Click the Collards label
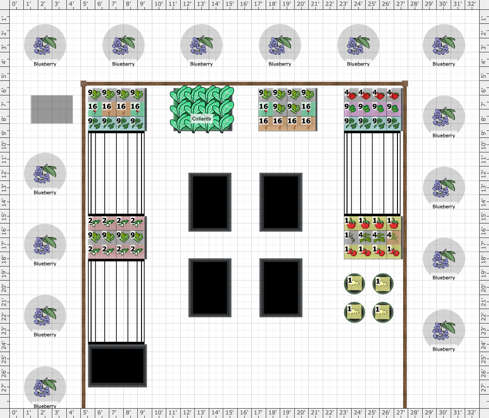pyautogui.click(x=201, y=119)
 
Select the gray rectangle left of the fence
pyautogui.click(x=52, y=109)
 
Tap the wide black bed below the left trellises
pyautogui.click(x=117, y=366)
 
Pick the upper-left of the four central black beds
pyautogui.click(x=210, y=202)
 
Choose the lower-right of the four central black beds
pyautogui.click(x=281, y=288)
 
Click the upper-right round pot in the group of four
pyautogui.click(x=383, y=284)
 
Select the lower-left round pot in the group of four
pyautogui.click(x=354, y=312)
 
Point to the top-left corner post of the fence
pyautogui.click(x=83, y=83)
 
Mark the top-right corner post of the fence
pyautogui.click(x=405, y=83)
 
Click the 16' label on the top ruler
pyautogui.click(x=244, y=4)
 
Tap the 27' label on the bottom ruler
pyautogui.click(x=400, y=412)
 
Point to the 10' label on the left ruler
pyautogui.click(x=4, y=145)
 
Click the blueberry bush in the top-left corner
pyautogui.click(x=45, y=45)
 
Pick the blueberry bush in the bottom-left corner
pyautogui.click(x=45, y=388)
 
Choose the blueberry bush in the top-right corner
pyautogui.click(x=444, y=45)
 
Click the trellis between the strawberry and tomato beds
pyautogui.click(x=372, y=173)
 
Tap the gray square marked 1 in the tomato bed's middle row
pyautogui.click(x=351, y=238)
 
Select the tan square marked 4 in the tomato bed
pyautogui.click(x=394, y=238)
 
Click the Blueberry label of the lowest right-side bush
pyautogui.click(x=444, y=349)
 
